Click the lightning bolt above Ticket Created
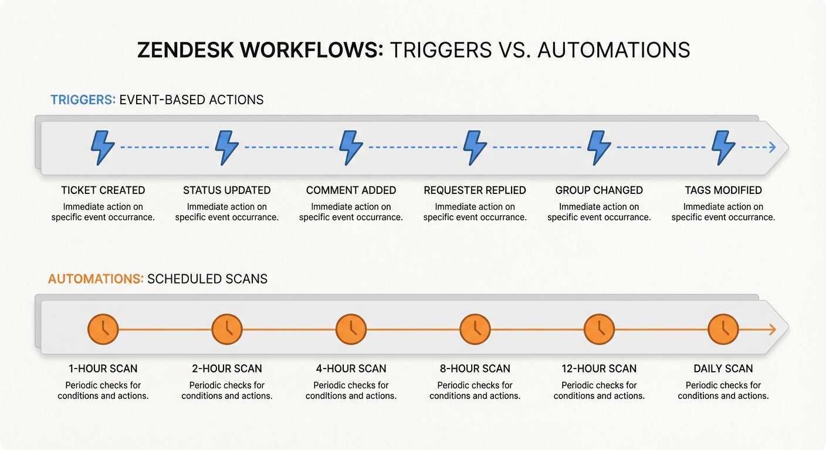pos(103,147)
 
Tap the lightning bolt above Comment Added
pos(351,147)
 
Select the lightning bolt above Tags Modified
pos(723,147)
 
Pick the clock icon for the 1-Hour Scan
pos(103,329)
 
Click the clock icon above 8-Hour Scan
pos(475,329)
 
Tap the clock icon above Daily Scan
pos(723,329)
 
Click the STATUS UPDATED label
pos(226,190)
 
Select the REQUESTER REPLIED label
pos(475,190)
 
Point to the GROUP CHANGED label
pos(599,190)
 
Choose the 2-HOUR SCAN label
pos(226,369)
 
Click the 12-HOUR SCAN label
pos(599,369)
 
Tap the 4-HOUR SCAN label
pos(351,369)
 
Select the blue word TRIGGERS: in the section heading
pos(83,100)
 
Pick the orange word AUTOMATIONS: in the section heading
pos(96,279)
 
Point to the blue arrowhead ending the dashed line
pos(772,147)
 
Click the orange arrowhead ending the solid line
pos(772,329)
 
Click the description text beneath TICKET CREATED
pos(103,212)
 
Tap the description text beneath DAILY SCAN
pos(723,390)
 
